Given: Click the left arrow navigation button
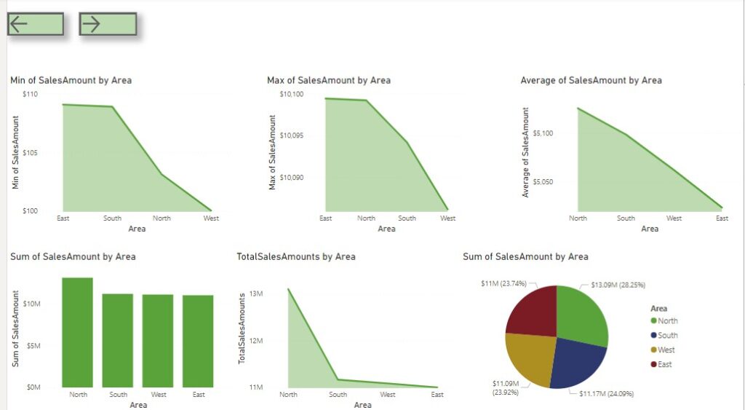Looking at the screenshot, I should click(x=36, y=24).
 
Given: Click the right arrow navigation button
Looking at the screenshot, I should click(x=108, y=24).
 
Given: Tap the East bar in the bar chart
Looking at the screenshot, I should click(x=198, y=341).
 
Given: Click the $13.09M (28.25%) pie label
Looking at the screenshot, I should click(x=618, y=285).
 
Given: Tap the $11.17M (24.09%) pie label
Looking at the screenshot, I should click(x=606, y=393).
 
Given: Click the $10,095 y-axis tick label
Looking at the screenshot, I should click(x=295, y=135).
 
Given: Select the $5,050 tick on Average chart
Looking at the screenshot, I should click(x=543, y=181).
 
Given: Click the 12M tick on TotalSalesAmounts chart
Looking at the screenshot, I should click(x=255, y=340).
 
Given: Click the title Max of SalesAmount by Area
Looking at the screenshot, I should click(x=329, y=80).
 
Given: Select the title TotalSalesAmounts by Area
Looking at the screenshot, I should click(x=296, y=256).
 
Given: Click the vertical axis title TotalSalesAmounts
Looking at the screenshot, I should click(x=242, y=328).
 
